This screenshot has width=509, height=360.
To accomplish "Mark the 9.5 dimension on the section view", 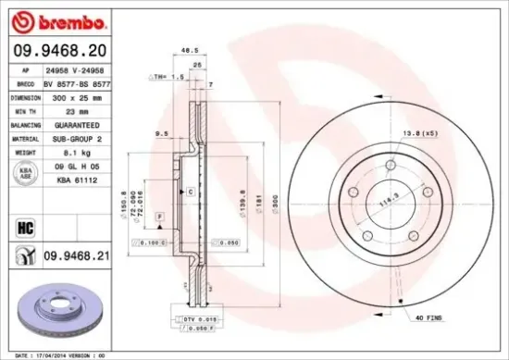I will click(x=161, y=133).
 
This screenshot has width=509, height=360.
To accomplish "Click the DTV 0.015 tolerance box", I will click(x=180, y=317).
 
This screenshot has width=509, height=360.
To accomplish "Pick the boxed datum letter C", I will click(x=189, y=191).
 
